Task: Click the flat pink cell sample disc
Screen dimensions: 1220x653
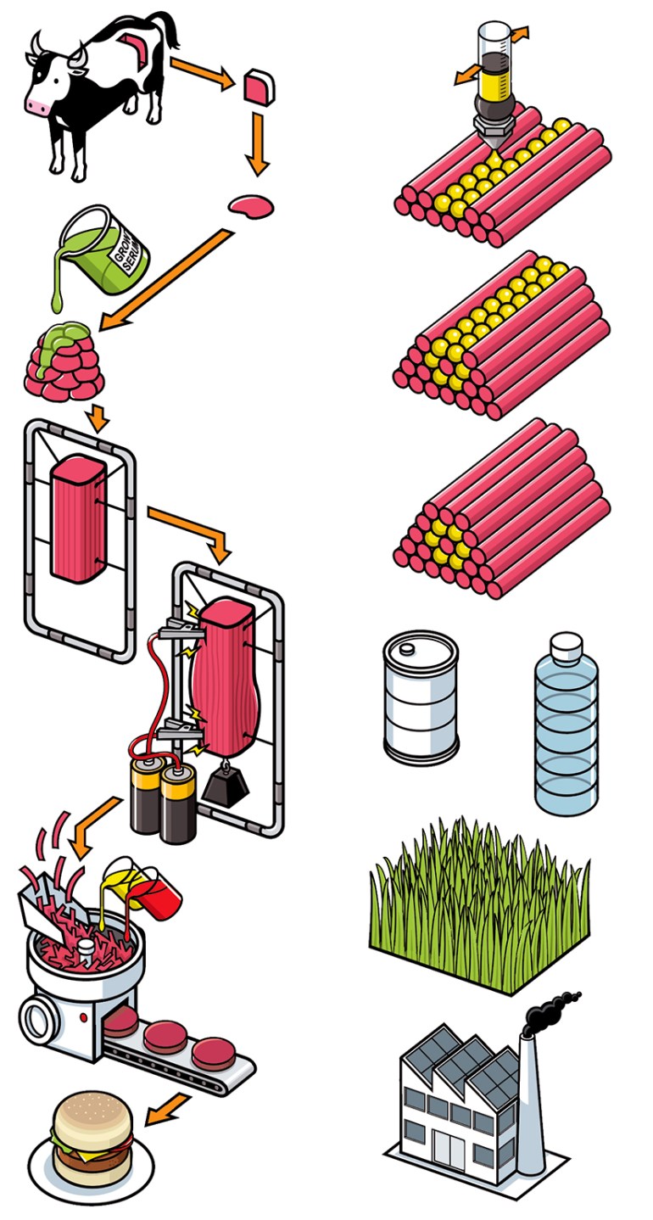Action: coord(251,204)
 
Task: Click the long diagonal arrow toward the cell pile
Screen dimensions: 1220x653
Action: coord(165,280)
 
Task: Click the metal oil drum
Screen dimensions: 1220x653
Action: coord(421,696)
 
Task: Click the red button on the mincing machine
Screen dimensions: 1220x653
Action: coord(82,1016)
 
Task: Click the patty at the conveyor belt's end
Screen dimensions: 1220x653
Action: coord(213,1053)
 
